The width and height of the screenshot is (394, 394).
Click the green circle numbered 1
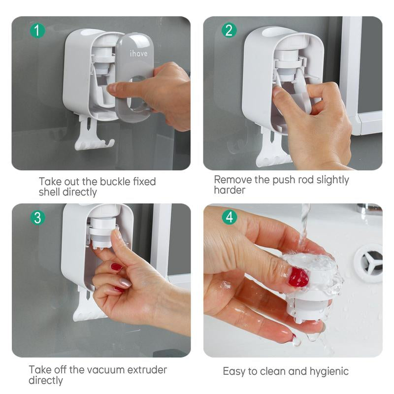tap(37, 31)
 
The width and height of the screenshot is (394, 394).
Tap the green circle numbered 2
tap(229, 31)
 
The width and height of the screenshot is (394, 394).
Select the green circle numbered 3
tap(37, 217)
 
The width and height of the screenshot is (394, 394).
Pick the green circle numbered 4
tap(229, 217)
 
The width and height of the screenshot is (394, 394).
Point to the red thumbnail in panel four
tap(298, 277)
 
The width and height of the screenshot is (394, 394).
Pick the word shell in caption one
tap(49, 192)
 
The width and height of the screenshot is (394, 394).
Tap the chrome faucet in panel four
tap(369, 209)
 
